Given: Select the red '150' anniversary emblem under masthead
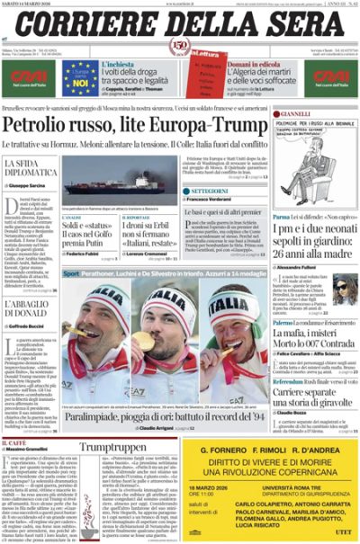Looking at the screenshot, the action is point(179,47).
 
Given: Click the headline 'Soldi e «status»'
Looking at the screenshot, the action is point(85,225).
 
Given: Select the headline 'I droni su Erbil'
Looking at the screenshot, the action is point(142,225).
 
